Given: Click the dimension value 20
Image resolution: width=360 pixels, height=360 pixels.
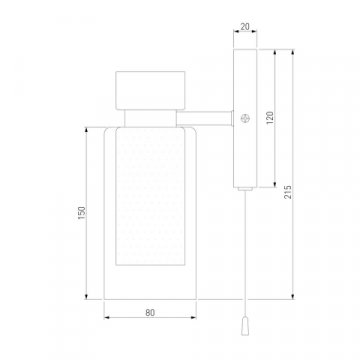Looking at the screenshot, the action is pos(245,27).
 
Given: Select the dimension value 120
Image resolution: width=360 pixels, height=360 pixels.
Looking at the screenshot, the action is pos(270,118).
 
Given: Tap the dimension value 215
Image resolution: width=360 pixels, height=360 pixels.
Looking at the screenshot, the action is pos(288,192).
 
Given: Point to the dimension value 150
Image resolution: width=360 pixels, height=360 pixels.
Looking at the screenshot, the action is pos(82,213).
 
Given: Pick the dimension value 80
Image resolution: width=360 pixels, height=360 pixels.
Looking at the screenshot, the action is pos(150,313).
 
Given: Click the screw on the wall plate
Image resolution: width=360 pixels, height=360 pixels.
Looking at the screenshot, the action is pos(245,118).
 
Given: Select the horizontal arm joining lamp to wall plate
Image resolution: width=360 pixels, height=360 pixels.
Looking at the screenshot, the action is pos(204,118).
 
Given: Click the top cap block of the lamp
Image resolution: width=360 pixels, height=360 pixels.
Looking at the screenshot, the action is pos(150,90).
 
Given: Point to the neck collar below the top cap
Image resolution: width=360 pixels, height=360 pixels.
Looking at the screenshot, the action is pos(150,118).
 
